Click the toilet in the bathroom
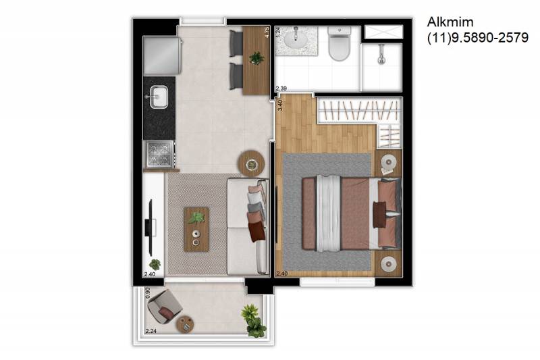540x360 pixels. point(340,43)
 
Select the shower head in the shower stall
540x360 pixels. point(381,56)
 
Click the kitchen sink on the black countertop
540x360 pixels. point(159,97)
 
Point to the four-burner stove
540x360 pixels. point(159,153)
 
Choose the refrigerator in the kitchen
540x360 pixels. point(162,55)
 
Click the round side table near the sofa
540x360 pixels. point(251,163)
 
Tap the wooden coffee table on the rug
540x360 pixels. point(196,229)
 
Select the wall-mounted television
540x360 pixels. point(149,228)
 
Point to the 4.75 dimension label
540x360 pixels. point(267,32)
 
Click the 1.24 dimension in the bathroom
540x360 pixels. point(278,32)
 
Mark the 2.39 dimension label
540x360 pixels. point(281,88)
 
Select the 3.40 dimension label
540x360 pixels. point(279,105)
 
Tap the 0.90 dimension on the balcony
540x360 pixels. point(148,293)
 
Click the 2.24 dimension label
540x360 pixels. point(151,331)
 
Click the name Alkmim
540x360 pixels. point(450,22)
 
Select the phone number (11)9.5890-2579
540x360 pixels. point(478,38)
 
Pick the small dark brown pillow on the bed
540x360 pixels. point(379,215)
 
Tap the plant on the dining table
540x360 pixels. point(256,58)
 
